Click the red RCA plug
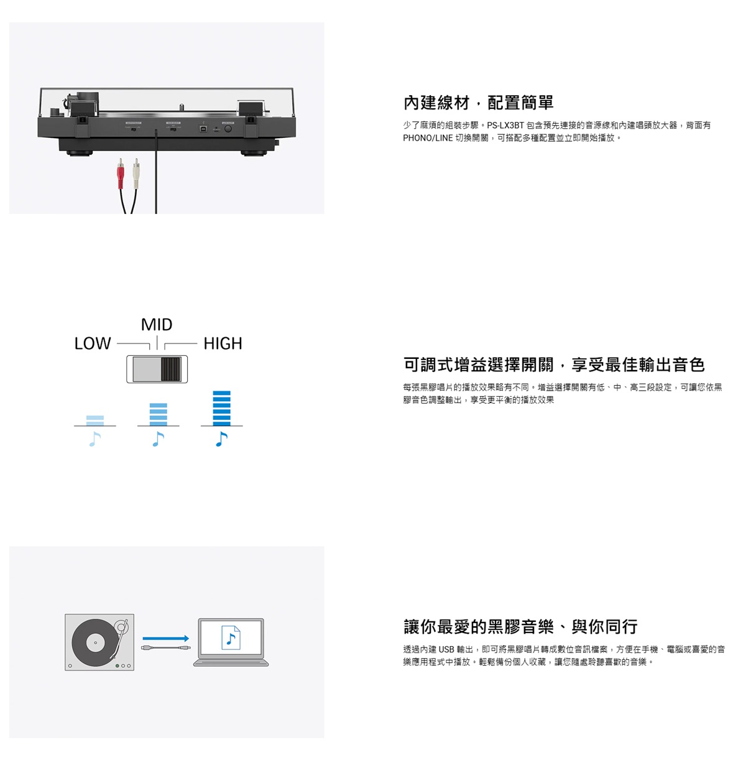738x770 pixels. pos(120,174)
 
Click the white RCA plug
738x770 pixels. pos(136,174)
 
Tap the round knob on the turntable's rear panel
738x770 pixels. pos(228,128)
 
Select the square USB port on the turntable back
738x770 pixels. pos(203,129)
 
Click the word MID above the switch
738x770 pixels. pos(157,325)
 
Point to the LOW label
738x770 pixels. pos(93,343)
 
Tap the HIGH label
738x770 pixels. pos(223,343)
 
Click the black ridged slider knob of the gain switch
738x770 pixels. pos(171,369)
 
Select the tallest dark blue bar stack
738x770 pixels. pos(221,408)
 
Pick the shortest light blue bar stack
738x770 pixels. pos(95,420)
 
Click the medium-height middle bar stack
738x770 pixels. pos(158,414)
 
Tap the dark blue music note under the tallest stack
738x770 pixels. pos(221,439)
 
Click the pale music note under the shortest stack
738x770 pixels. pos(95,439)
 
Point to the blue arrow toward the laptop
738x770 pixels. pos(166,638)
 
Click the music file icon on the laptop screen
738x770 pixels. pos(231,638)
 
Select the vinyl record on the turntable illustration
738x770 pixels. pos(95,642)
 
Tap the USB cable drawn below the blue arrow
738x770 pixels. pos(166,647)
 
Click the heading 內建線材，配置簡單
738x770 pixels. pos(478,103)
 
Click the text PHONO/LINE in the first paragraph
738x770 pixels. pos(428,137)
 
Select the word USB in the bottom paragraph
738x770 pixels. pos(446,649)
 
